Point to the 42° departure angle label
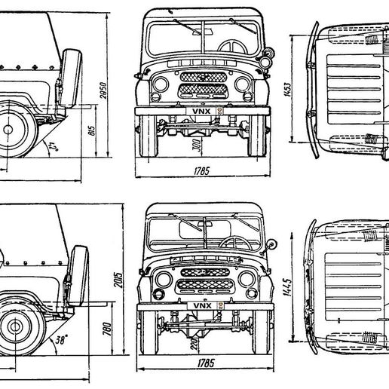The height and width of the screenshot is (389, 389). (52, 145)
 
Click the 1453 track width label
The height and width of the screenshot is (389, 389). (299, 92)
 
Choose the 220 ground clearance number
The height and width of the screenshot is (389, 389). (194, 345)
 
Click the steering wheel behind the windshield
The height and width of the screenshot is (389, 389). (235, 243)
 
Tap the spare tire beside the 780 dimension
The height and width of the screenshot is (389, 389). (76, 280)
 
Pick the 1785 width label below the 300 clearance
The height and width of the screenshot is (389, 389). (199, 171)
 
